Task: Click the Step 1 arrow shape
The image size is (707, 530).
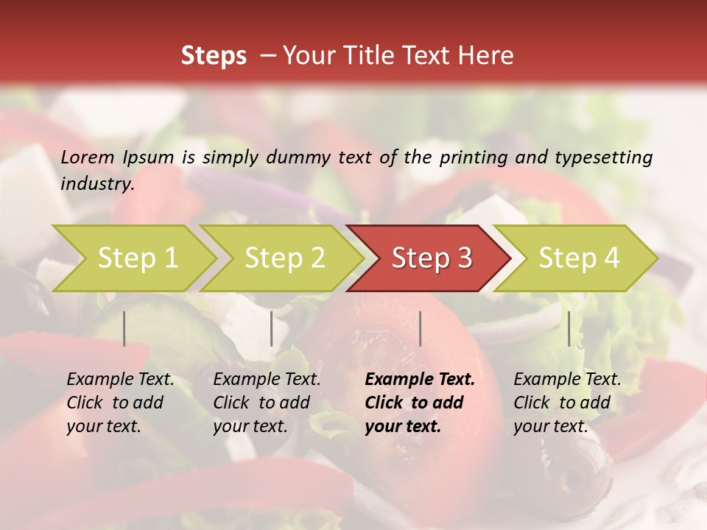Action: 137,258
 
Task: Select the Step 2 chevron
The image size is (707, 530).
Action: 284,258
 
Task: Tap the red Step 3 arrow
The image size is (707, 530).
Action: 432,258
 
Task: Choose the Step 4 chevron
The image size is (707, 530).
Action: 579,258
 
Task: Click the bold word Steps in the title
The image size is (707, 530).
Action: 214,56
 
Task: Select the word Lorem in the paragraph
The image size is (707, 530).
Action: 87,157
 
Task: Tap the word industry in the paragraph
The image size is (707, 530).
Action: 96,184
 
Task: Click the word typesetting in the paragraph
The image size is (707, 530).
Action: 603,157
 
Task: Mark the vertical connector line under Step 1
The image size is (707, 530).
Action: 124,328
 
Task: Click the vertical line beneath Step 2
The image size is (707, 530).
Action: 272,328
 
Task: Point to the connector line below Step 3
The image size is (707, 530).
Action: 420,328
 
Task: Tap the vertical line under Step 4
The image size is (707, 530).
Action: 569,328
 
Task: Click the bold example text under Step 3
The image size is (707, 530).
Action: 420,403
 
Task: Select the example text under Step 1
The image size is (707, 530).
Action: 120,403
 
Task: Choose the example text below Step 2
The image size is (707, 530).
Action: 267,403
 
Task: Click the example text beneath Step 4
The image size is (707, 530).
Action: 567,403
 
